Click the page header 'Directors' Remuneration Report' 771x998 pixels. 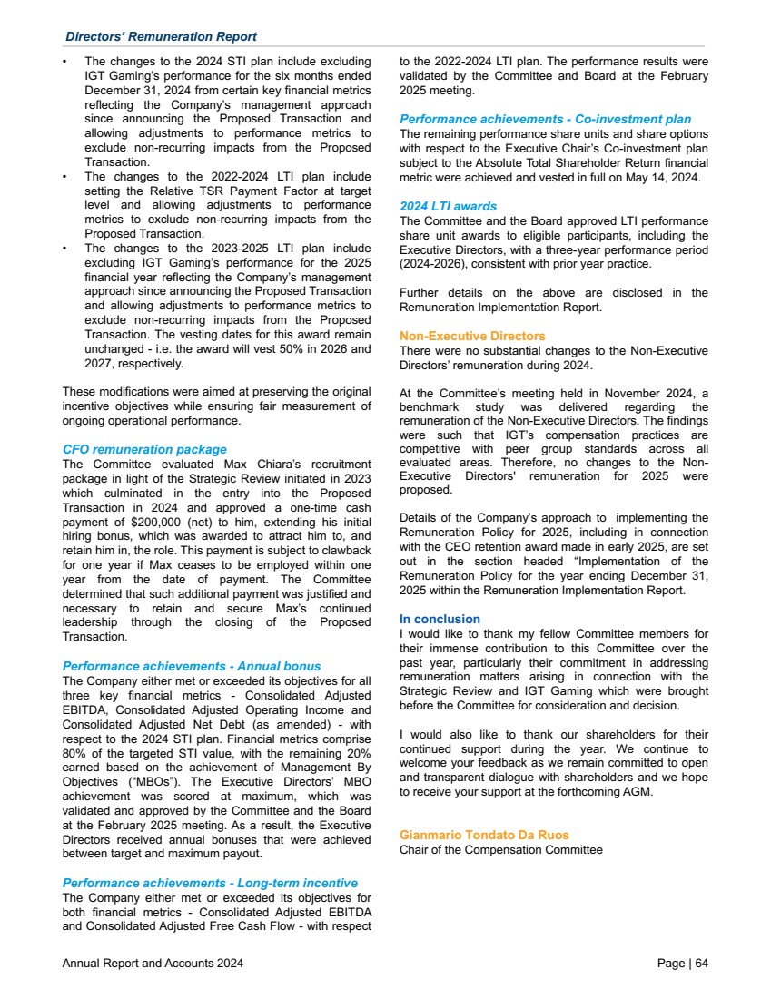tap(161, 36)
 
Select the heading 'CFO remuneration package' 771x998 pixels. tap(144, 449)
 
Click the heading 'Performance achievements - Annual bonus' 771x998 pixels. tap(191, 666)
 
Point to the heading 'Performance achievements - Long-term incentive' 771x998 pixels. tap(209, 883)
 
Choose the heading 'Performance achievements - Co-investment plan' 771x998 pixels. tap(545, 119)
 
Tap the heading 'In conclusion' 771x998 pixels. tap(440, 621)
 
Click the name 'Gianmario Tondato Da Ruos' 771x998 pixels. tap(484, 835)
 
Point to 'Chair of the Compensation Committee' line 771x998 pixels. tap(500, 850)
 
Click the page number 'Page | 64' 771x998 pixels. tap(682, 964)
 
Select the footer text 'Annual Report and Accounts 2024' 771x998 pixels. tap(153, 964)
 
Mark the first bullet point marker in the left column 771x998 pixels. tap(65, 64)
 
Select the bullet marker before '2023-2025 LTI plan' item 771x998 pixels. tap(65, 247)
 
